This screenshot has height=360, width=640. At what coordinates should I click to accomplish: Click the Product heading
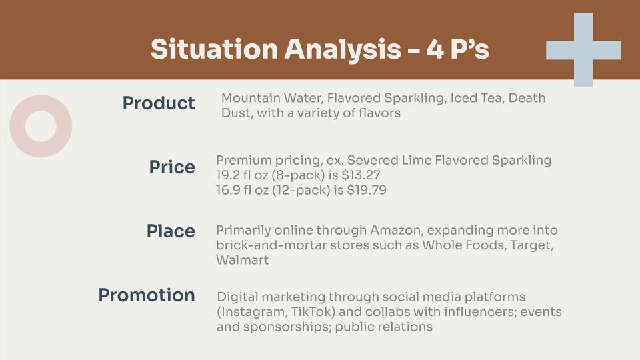[159, 103]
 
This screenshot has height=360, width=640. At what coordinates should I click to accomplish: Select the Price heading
[172, 167]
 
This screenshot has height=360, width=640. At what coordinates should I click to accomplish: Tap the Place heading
[171, 231]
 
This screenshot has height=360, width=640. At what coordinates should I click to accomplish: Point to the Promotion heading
[147, 295]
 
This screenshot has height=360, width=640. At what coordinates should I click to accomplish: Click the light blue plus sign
[583, 50]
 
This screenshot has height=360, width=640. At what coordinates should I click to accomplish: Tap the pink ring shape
[41, 126]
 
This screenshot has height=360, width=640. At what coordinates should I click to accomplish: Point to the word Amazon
[391, 231]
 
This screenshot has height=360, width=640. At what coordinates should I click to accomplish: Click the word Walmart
[242, 260]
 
